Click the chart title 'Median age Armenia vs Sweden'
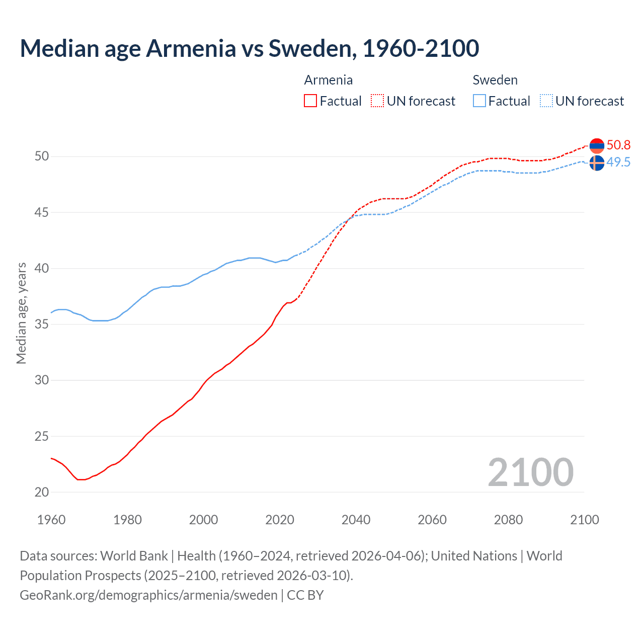click(x=249, y=48)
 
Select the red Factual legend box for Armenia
click(x=310, y=101)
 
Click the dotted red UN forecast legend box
click(x=377, y=101)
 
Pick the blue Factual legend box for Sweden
click(x=479, y=101)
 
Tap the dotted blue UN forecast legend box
click(x=546, y=101)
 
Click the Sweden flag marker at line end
click(x=597, y=163)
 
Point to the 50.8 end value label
click(x=618, y=145)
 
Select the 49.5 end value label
click(x=618, y=163)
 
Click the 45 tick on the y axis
click(x=42, y=213)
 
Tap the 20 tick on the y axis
click(x=42, y=493)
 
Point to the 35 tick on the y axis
click(x=42, y=325)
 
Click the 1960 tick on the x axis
click(x=51, y=520)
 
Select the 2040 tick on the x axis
click(x=356, y=520)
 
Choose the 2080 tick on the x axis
click(x=508, y=520)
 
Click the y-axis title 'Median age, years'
click(x=21, y=313)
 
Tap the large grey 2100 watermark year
click(x=530, y=472)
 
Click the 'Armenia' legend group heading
click(x=328, y=80)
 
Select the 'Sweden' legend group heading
click(x=495, y=80)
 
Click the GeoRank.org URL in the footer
click(x=148, y=595)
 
